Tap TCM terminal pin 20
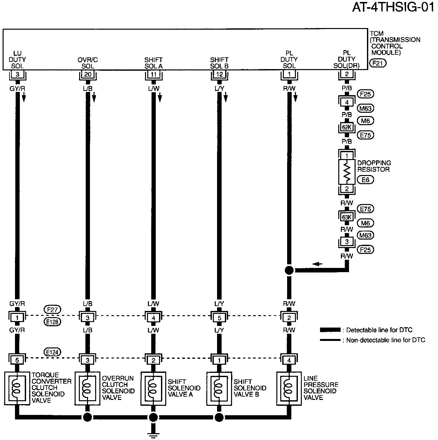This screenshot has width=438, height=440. click(x=88, y=74)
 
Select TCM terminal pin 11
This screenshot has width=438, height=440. click(x=153, y=74)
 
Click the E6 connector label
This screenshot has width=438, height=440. click(x=365, y=180)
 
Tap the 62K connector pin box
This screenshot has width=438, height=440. click(x=347, y=127)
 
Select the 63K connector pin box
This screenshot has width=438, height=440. click(x=347, y=217)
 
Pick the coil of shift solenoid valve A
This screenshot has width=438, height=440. click(x=153, y=389)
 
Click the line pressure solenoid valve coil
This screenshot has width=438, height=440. click(x=288, y=388)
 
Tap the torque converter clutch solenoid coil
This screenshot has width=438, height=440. click(x=17, y=388)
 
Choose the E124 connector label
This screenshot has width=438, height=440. click(x=52, y=352)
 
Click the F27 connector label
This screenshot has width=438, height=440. click(x=52, y=309)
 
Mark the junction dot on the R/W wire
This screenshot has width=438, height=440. click(x=289, y=270)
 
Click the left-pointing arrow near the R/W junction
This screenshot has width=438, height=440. click(x=317, y=264)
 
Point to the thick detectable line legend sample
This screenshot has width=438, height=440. click(x=330, y=330)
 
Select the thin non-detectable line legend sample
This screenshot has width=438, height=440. click(x=330, y=340)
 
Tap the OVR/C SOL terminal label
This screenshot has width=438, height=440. click(x=88, y=63)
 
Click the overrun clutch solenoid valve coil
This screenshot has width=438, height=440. click(x=87, y=388)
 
